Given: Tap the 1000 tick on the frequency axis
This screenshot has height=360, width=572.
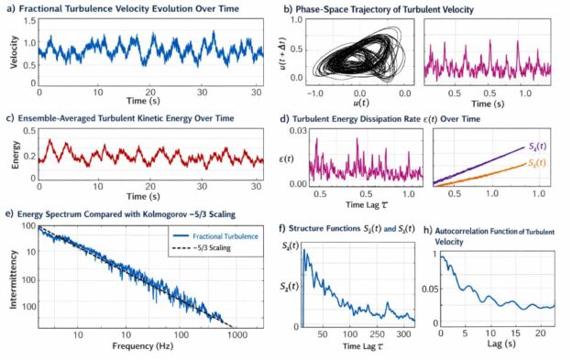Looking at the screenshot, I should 240,335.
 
